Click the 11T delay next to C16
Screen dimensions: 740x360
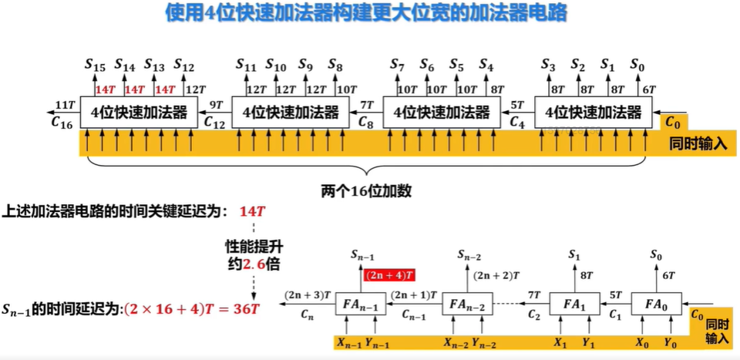click(x=65, y=104)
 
